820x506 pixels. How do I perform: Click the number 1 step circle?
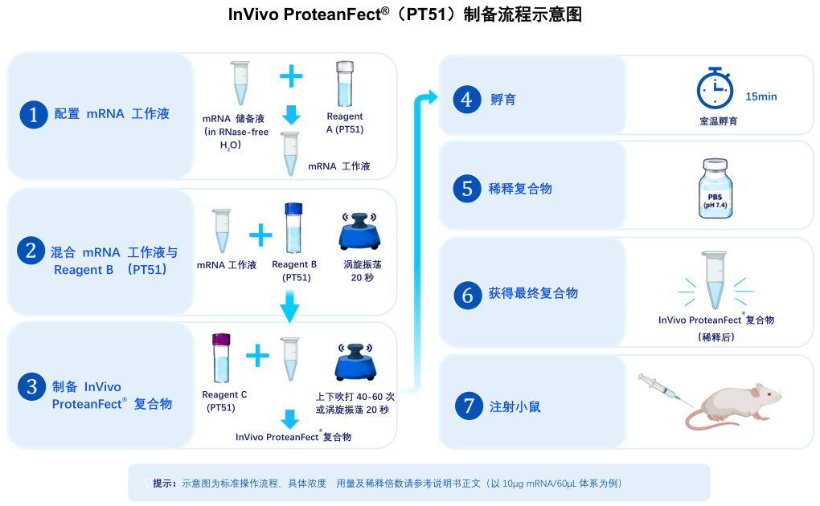pyautogui.click(x=34, y=115)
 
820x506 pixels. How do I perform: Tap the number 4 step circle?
pyautogui.click(x=466, y=100)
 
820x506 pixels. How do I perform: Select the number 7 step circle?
pyautogui.click(x=469, y=406)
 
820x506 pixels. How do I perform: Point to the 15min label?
pyautogui.click(x=761, y=96)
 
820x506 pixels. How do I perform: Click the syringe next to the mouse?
pyautogui.click(x=665, y=390)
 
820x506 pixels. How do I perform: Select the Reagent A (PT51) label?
pyautogui.click(x=345, y=123)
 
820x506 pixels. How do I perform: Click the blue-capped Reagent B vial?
pyautogui.click(x=293, y=228)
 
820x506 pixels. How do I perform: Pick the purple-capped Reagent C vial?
pyautogui.click(x=221, y=358)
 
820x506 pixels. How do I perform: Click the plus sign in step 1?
pyautogui.click(x=291, y=76)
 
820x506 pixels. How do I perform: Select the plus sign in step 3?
pyautogui.click(x=257, y=356)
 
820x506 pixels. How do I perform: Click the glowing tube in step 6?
pyautogui.click(x=715, y=280)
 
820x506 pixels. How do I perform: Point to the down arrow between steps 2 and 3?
pyautogui.click(x=289, y=306)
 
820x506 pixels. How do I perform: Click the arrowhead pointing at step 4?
pyautogui.click(x=432, y=96)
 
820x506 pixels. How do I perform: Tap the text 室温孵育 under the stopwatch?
pyautogui.click(x=718, y=121)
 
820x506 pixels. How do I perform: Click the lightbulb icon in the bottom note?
pyautogui.click(x=147, y=483)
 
